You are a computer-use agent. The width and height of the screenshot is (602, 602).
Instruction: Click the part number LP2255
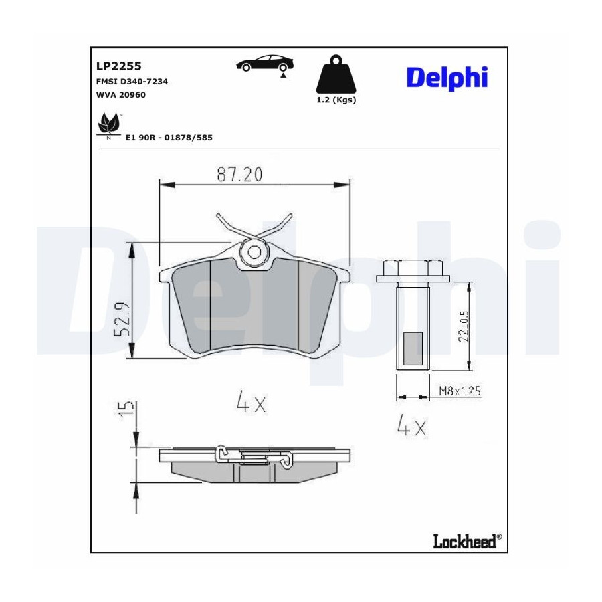click(118, 66)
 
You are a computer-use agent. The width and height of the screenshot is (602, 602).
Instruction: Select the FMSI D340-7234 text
click(132, 82)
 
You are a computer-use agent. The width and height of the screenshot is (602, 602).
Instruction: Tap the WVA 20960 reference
click(121, 95)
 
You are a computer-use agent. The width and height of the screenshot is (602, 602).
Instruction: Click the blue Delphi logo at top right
click(447, 78)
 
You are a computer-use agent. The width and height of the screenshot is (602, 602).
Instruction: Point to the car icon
click(265, 64)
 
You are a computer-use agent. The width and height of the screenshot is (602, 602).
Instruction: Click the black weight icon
click(336, 74)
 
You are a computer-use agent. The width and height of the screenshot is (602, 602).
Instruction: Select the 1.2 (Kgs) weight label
click(336, 100)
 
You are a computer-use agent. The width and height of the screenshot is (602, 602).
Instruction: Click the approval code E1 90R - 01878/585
click(169, 137)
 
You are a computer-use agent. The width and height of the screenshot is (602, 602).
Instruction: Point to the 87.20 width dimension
click(239, 175)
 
